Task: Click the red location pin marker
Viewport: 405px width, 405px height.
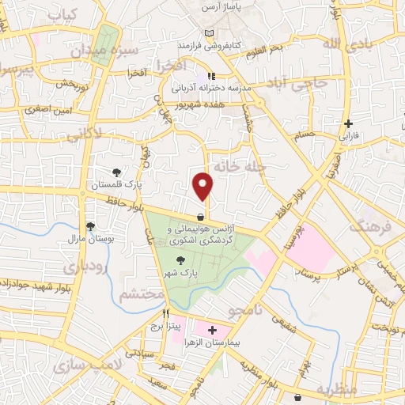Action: (203, 186)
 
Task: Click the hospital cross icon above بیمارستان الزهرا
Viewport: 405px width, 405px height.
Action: (212, 329)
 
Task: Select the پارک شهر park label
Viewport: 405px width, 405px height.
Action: (181, 272)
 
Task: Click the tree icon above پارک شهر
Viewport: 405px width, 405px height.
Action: (180, 259)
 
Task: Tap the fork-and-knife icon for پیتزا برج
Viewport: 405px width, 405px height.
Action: (166, 313)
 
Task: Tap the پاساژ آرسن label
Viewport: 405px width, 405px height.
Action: (221, 6)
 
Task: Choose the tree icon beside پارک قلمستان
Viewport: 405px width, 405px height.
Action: (117, 172)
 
